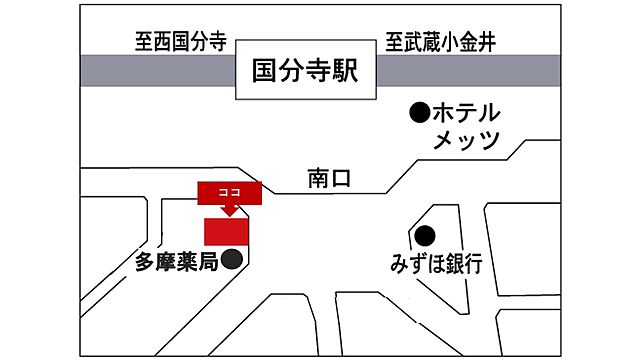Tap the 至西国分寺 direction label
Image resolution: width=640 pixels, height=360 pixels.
click(x=181, y=43)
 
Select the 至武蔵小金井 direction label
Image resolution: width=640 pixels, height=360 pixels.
click(x=441, y=43)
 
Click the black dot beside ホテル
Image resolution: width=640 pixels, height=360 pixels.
click(x=420, y=112)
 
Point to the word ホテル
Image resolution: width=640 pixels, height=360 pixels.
click(x=465, y=112)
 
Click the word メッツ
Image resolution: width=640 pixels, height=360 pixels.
click(x=466, y=141)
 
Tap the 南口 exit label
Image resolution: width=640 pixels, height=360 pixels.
click(x=331, y=179)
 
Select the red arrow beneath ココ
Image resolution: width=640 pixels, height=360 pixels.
click(x=228, y=208)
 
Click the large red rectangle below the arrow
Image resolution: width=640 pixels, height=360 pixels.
click(x=226, y=230)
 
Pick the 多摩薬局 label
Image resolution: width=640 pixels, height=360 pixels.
click(x=176, y=264)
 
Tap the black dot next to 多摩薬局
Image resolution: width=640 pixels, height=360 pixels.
click(x=231, y=261)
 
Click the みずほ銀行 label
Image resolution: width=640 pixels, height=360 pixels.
click(x=436, y=265)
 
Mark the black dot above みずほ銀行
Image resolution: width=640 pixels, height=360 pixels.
click(x=425, y=237)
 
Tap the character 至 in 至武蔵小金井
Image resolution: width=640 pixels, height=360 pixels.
click(x=394, y=43)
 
